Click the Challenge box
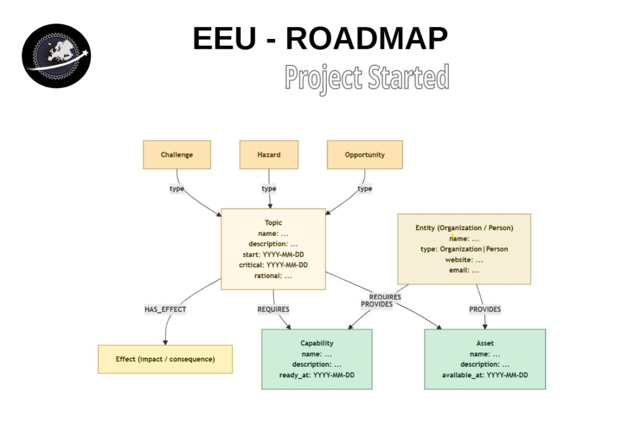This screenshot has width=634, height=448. pyautogui.click(x=176, y=155)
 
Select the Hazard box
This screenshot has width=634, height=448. pyautogui.click(x=269, y=155)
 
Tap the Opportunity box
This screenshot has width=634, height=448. pyautogui.click(x=365, y=155)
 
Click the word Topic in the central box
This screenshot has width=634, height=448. pyautogui.click(x=273, y=223)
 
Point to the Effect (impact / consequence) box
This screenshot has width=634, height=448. pyautogui.click(x=165, y=360)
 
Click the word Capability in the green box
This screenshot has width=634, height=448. pyautogui.click(x=317, y=343)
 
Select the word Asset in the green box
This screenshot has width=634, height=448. pyautogui.click(x=485, y=343)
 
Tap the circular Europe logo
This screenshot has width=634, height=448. pyautogui.click(x=56, y=56)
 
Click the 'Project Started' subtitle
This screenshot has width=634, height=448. pyautogui.click(x=367, y=78)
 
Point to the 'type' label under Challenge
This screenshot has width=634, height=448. pyautogui.click(x=177, y=189)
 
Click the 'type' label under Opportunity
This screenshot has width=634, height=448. pyautogui.click(x=365, y=189)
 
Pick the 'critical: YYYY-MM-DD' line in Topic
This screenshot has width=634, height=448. pyautogui.click(x=273, y=265)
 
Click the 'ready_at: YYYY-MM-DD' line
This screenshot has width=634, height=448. pyautogui.click(x=317, y=375)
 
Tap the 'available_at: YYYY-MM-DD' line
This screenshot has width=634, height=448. pyautogui.click(x=485, y=375)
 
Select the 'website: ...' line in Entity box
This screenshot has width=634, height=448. pyautogui.click(x=464, y=259)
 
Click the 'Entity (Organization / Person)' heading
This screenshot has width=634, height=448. pyautogui.click(x=464, y=228)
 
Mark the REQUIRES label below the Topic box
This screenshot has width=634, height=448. pyautogui.click(x=273, y=309)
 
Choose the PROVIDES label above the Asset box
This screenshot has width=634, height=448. pyautogui.click(x=485, y=309)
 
